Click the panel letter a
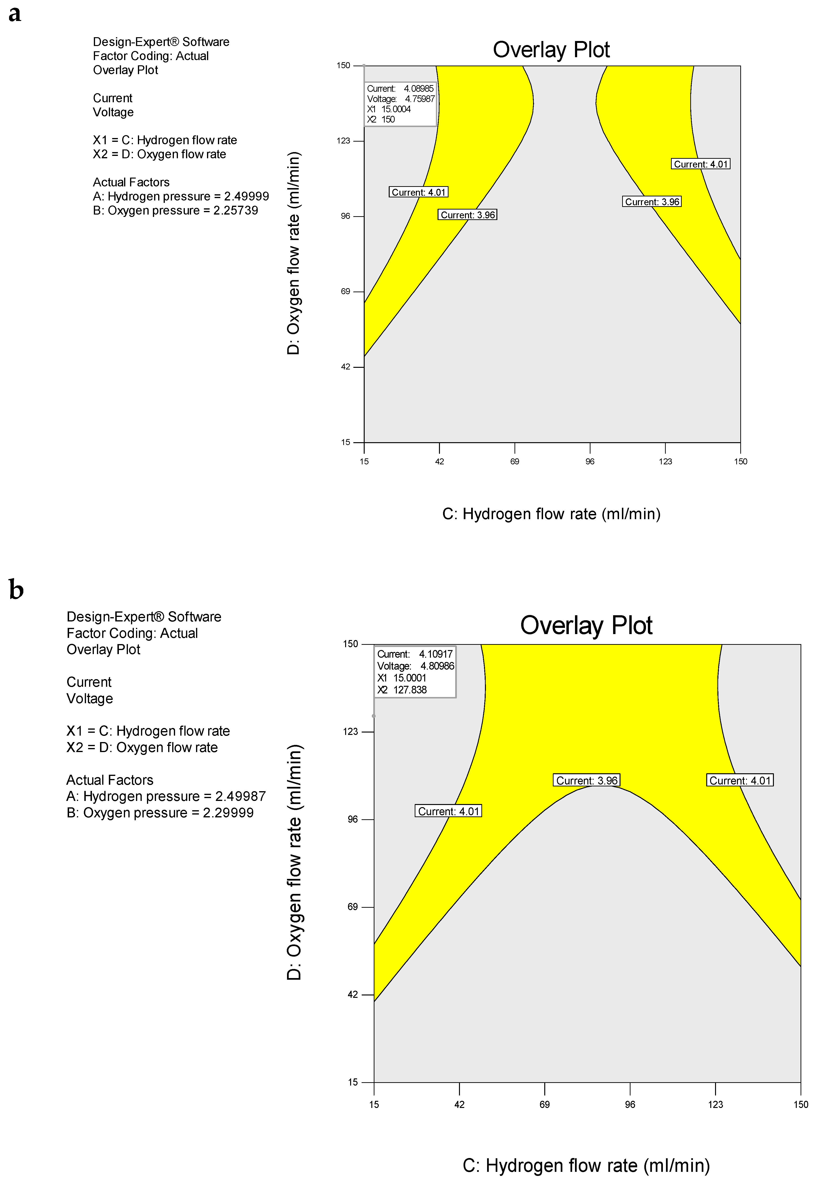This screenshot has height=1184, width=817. tap(15, 14)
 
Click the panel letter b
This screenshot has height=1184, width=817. tap(16, 590)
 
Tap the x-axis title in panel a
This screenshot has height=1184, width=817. tap(551, 514)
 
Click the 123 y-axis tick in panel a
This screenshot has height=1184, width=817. tap(343, 141)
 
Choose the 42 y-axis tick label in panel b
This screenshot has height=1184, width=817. tap(353, 994)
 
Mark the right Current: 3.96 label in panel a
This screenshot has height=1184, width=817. tap(652, 202)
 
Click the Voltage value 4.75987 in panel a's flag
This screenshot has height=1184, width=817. tap(420, 99)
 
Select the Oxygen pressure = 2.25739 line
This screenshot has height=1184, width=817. tap(176, 210)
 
